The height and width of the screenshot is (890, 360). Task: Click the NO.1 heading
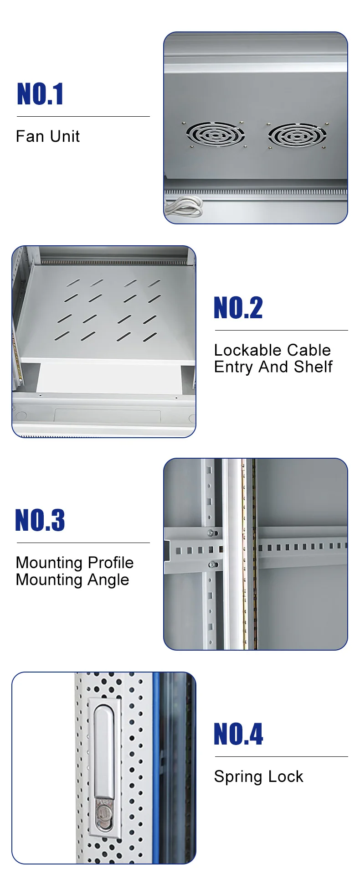pyautogui.click(x=40, y=94)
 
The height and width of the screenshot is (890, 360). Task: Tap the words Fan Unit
pyautogui.click(x=48, y=136)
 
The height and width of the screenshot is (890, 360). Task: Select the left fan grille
pyautogui.click(x=215, y=135)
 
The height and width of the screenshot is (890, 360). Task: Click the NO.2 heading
pyautogui.click(x=238, y=308)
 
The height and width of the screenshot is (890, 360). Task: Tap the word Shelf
pyautogui.click(x=313, y=367)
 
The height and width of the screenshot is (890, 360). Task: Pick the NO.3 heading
pyautogui.click(x=40, y=520)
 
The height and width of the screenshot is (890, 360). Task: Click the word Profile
pyautogui.click(x=110, y=563)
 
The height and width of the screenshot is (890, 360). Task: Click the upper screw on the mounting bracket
pyautogui.click(x=211, y=533)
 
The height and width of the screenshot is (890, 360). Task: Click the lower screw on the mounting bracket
pyautogui.click(x=211, y=565)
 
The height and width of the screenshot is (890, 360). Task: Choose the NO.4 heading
pyautogui.click(x=238, y=735)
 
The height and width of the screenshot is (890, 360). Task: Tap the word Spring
pyautogui.click(x=239, y=777)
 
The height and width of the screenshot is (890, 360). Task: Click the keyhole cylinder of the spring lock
pyautogui.click(x=104, y=814)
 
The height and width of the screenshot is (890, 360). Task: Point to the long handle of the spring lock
pyautogui.click(x=103, y=748)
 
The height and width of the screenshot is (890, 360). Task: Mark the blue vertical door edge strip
pyautogui.click(x=156, y=766)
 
